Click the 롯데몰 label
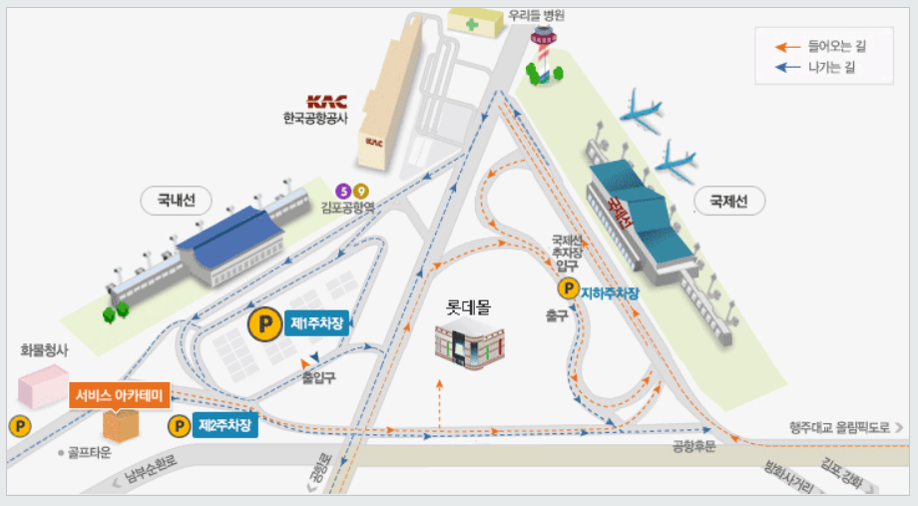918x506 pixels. (468, 307)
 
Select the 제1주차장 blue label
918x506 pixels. (316, 323)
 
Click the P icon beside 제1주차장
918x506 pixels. (264, 323)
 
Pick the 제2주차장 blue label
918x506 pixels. (226, 426)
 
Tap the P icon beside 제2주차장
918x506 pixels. (179, 426)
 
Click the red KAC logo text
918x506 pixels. (326, 101)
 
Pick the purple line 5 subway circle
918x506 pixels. (344, 191)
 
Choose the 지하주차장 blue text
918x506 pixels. (609, 292)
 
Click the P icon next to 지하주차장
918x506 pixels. (568, 289)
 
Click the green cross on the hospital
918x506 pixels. (469, 22)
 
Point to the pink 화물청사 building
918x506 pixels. (43, 384)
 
